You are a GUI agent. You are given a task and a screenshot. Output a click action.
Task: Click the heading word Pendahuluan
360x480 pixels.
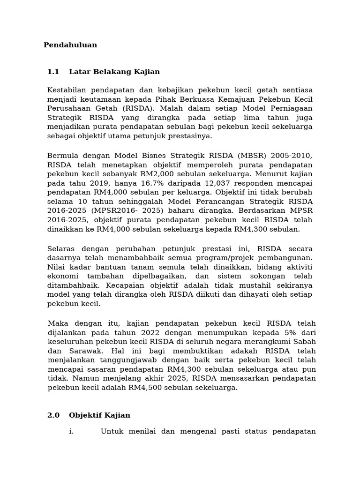tap(70, 45)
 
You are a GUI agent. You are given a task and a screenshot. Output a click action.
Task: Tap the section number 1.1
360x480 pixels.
tap(53, 72)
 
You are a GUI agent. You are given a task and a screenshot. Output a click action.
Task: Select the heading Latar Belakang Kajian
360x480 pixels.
tap(114, 72)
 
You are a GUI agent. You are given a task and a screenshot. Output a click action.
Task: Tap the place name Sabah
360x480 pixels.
tap(305, 342)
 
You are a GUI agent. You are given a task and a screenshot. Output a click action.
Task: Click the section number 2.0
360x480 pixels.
tap(53, 415)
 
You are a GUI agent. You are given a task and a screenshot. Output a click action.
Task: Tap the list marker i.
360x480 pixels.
tap(71, 431)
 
